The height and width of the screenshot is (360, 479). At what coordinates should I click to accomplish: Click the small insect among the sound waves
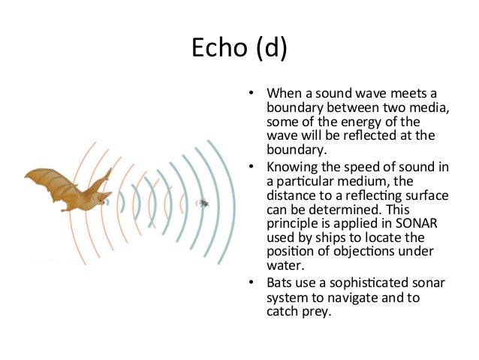(x=203, y=202)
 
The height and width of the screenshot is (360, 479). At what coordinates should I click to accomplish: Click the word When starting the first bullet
(x=283, y=94)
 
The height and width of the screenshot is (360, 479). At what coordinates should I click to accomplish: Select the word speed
(x=369, y=167)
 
